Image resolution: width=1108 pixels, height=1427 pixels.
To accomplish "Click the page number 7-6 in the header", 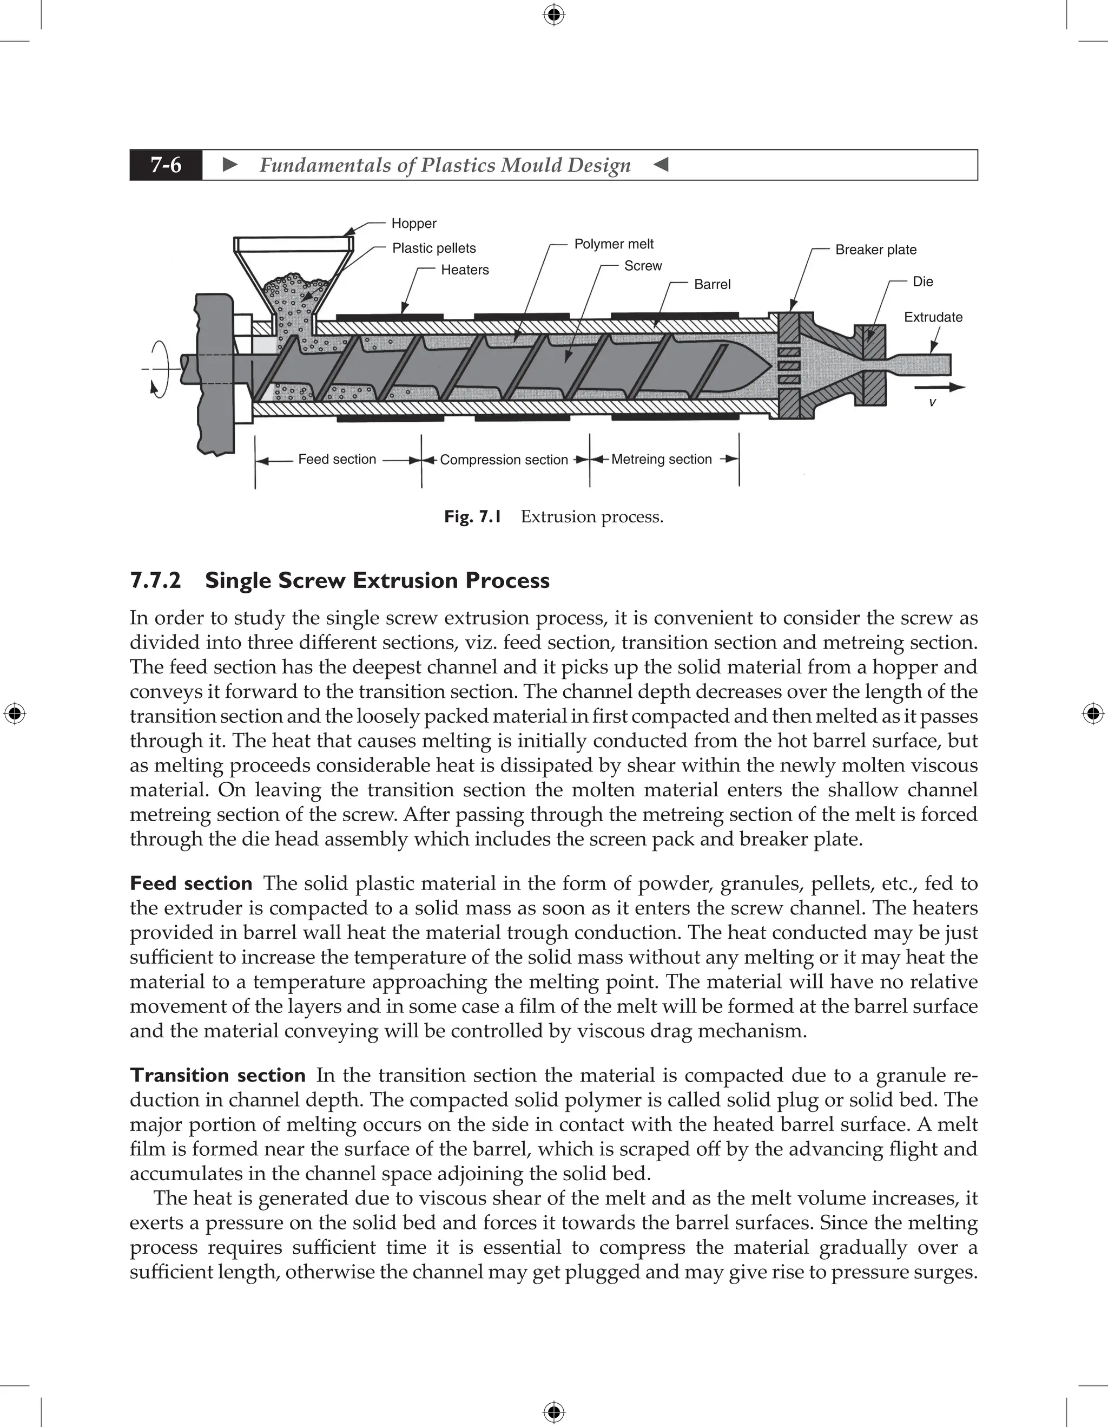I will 166,165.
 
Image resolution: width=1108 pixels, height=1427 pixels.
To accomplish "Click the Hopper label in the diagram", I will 414,224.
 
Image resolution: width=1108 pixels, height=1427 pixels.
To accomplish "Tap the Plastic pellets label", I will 433,248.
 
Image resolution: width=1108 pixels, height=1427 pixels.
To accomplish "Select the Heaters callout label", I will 464,270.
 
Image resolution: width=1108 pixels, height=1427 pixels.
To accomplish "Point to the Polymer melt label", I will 614,244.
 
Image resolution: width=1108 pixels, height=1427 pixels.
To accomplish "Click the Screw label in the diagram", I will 643,266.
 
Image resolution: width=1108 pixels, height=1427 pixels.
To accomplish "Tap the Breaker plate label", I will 875,250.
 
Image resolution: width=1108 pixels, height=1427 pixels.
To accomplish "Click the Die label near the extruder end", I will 922,282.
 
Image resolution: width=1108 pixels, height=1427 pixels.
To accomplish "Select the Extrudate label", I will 933,318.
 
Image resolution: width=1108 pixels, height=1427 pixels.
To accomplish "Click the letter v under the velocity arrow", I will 932,403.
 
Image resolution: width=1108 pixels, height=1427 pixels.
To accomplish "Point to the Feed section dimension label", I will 337,459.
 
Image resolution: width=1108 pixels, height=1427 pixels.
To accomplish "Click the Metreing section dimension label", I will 662,459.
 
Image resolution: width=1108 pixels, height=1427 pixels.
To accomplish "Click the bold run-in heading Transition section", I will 217,1075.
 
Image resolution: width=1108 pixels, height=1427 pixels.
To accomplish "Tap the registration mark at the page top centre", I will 553,15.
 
